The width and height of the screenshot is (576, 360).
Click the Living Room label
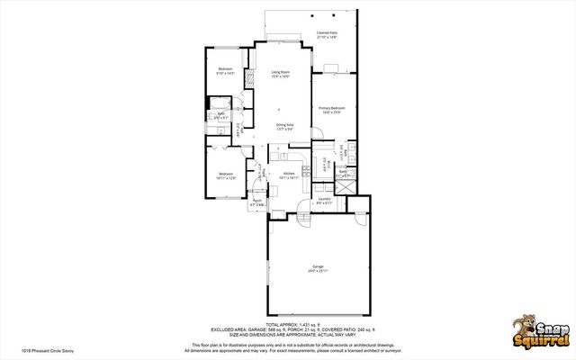point(281,74)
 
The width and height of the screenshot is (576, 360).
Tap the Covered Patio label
point(327,35)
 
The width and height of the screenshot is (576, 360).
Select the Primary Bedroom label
point(330,110)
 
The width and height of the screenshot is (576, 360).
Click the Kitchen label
point(289,175)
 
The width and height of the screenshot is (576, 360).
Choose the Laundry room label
point(324,202)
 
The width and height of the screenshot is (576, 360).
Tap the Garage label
point(318,267)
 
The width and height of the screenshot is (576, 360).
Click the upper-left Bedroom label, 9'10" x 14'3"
point(225,70)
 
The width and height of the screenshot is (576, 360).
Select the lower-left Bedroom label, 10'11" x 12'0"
point(225,175)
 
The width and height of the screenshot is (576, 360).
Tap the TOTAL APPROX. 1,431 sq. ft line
point(287,323)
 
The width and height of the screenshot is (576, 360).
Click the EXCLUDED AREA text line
point(287,329)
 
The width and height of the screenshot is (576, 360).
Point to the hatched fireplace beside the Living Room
point(253,77)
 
